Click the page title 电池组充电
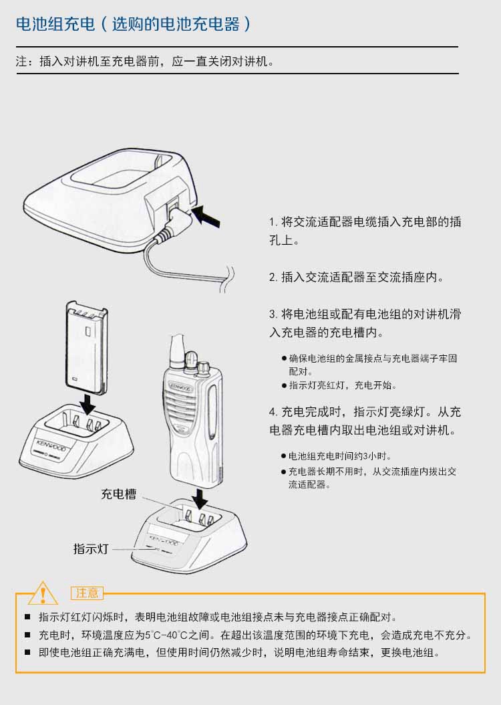[x=55, y=24]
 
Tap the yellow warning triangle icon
[x=43, y=593]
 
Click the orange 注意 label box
[x=87, y=593]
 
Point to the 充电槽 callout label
[x=118, y=494]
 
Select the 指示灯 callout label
[x=91, y=548]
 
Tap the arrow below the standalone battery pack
[x=88, y=404]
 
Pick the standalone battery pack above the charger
[x=87, y=348]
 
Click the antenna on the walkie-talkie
[x=178, y=349]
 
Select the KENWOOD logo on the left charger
[x=51, y=445]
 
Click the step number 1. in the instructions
[x=274, y=222]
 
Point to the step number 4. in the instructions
[x=274, y=412]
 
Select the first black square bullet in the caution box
[x=27, y=617]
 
